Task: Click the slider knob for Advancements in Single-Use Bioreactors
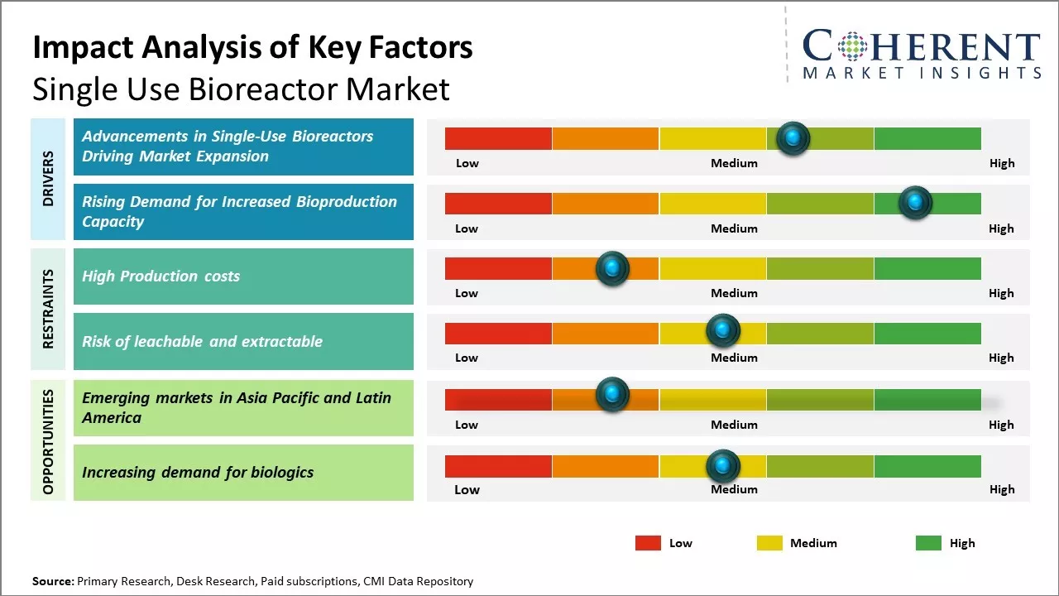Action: coord(793,138)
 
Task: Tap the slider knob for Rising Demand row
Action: coord(915,203)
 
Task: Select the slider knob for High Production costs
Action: coord(612,268)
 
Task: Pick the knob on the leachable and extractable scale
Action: coord(723,330)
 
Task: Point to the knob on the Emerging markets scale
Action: coord(612,394)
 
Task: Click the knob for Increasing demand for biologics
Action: coord(723,466)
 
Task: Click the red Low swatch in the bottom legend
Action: coord(648,543)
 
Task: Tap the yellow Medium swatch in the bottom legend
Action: coord(769,543)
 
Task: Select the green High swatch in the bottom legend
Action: coord(928,543)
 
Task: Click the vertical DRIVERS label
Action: coord(48,179)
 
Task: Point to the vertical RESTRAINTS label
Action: coord(48,309)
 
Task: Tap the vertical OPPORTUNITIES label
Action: coord(48,442)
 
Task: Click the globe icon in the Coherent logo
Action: coord(852,46)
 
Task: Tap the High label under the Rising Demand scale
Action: coord(1001,228)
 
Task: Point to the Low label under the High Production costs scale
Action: coord(467,293)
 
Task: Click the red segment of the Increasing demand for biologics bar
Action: coord(498,466)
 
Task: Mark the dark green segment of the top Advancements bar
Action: coord(927,138)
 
